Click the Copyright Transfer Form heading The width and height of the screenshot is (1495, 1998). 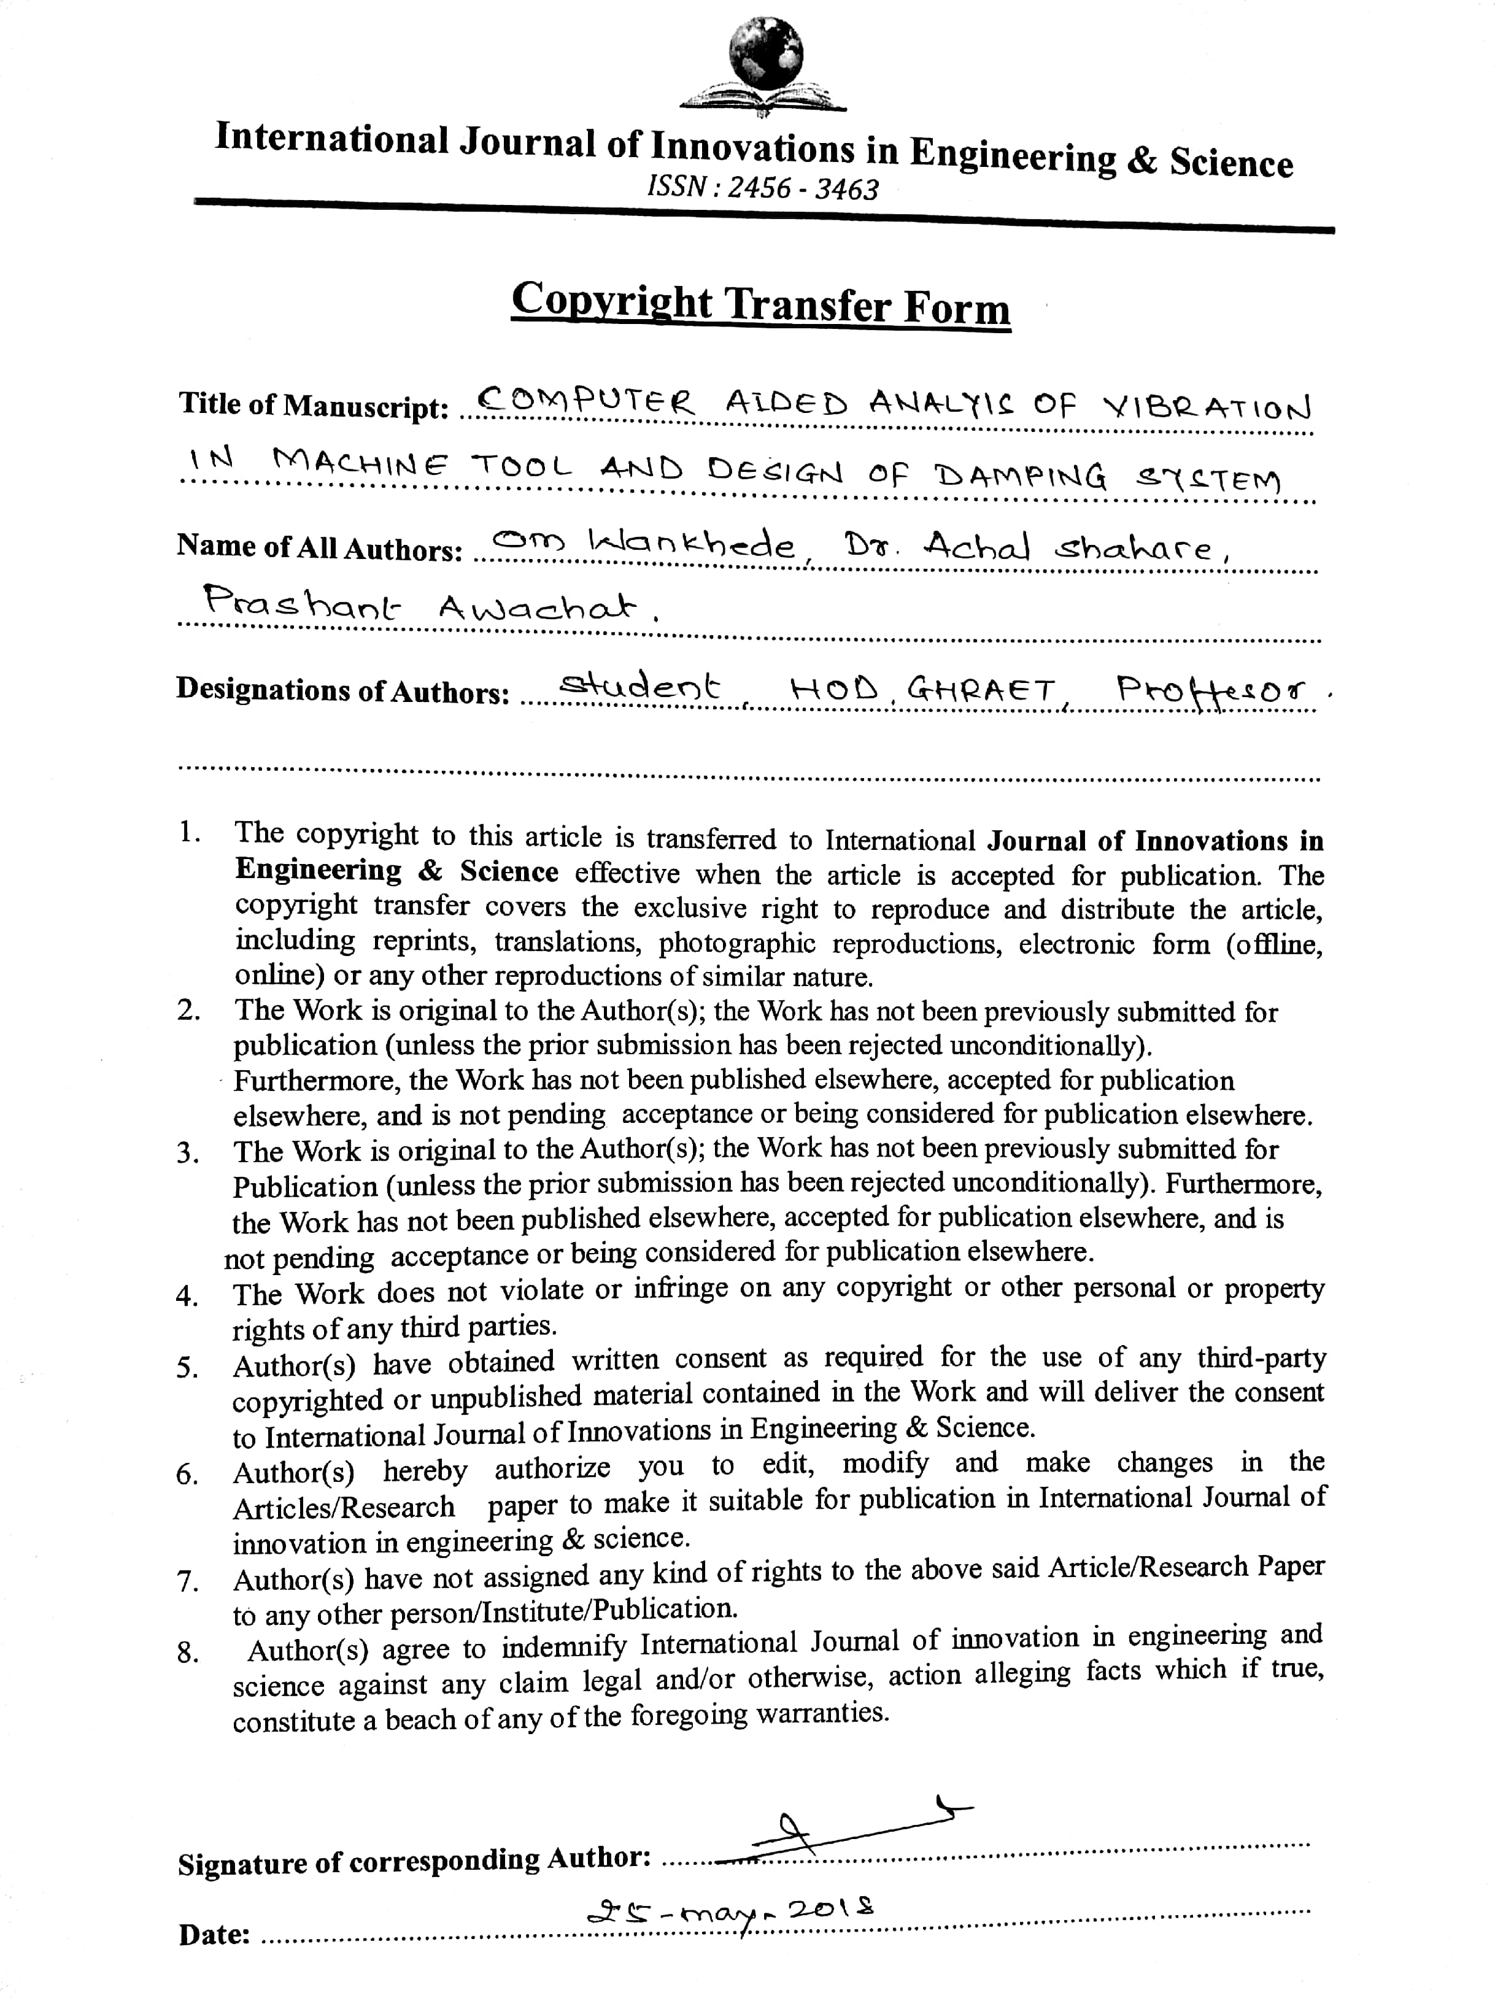[760, 304]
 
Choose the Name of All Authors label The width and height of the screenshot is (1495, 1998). [319, 547]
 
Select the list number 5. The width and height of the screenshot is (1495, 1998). [187, 1368]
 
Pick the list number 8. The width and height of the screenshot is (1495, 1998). [187, 1653]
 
